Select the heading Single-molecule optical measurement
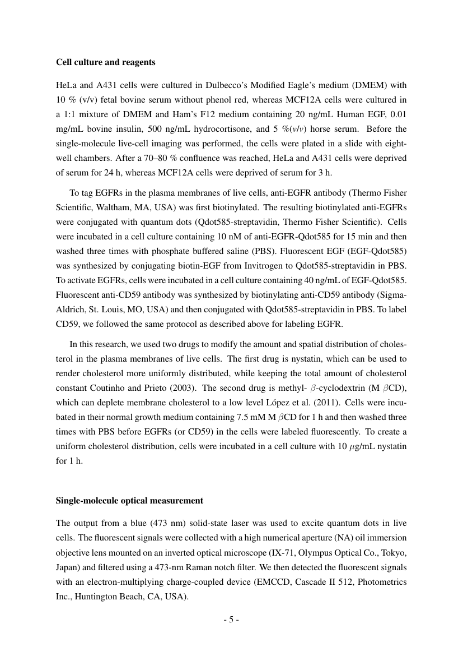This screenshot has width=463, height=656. point(129,500)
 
